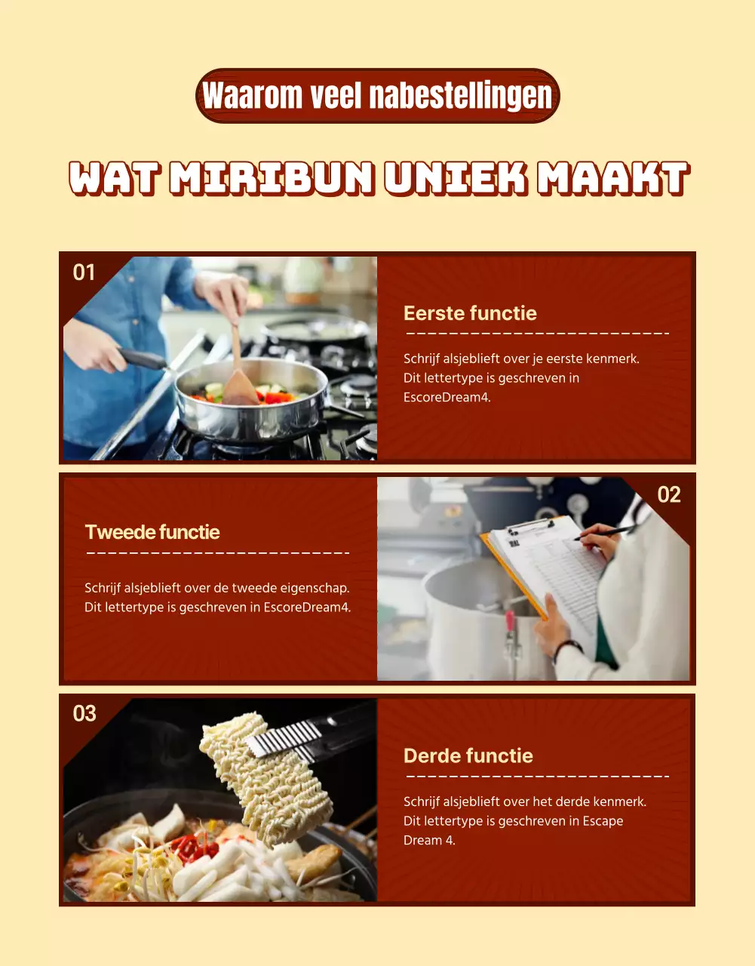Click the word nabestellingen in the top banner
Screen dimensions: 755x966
click(x=461, y=96)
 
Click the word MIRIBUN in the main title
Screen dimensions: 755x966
click(x=272, y=178)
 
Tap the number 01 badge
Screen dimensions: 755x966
click(x=84, y=272)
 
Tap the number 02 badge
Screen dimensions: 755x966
click(x=669, y=494)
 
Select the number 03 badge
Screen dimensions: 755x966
click(x=84, y=713)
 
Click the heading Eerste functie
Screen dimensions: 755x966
click(x=470, y=313)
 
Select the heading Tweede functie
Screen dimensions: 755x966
click(x=152, y=532)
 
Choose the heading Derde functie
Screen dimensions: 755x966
click(x=468, y=755)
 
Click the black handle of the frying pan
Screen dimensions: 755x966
click(x=141, y=359)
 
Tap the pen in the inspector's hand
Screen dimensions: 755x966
click(x=605, y=533)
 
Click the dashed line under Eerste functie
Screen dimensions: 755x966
click(x=537, y=333)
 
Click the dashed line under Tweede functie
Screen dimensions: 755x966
click(x=218, y=553)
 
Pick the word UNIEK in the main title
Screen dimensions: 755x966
click(x=456, y=178)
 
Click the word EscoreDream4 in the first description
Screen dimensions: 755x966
click(x=447, y=398)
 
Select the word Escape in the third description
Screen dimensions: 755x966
click(x=603, y=821)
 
